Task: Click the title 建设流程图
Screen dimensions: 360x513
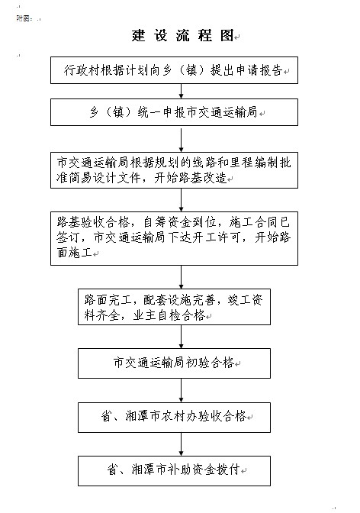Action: (183, 36)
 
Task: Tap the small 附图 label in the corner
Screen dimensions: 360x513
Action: (24, 18)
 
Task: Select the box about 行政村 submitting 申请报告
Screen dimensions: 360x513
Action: (174, 70)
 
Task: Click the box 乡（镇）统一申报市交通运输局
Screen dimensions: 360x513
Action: (174, 112)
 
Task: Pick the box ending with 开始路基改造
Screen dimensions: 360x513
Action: (174, 170)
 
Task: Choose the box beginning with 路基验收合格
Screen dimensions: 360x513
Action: (174, 238)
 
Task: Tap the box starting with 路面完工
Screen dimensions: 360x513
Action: (174, 307)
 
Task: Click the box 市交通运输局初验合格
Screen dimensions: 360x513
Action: (174, 363)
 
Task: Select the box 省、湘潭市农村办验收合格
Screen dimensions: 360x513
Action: (174, 417)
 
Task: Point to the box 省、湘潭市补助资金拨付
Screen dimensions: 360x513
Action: (174, 471)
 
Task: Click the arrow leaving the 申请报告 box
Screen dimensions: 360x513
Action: (182, 92)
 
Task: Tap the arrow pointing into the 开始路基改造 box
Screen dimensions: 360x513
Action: (182, 140)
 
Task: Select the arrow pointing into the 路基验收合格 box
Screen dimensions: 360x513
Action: (182, 200)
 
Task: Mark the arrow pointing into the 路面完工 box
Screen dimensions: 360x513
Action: (182, 277)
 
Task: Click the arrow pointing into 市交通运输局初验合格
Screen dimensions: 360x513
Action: (182, 337)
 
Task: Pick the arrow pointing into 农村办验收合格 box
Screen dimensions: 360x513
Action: (182, 390)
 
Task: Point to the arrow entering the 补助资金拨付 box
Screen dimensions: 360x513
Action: (182, 444)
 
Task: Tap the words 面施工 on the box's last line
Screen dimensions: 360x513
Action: (74, 252)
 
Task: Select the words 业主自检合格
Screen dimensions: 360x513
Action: (169, 315)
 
